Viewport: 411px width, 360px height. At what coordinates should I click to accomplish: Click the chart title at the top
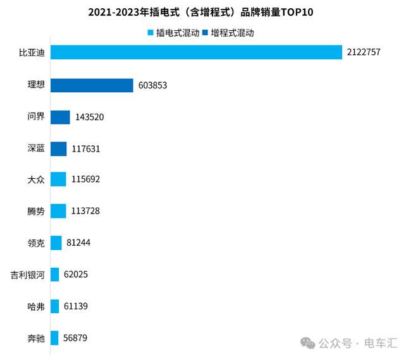(x=205, y=13)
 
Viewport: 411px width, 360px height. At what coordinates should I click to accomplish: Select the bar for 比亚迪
(x=196, y=53)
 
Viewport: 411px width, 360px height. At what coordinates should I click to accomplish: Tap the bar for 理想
(x=92, y=85)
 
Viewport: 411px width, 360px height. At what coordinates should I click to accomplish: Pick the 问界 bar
(x=60, y=117)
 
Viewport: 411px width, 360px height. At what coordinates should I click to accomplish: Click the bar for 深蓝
(x=58, y=148)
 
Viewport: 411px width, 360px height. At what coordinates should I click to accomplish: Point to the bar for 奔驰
(x=54, y=338)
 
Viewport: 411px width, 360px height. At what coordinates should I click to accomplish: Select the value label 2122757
(x=364, y=53)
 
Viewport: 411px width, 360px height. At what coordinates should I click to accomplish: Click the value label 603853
(x=152, y=85)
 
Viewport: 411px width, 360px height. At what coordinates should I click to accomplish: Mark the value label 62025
(x=77, y=275)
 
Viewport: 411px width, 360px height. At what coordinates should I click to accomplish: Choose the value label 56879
(x=75, y=338)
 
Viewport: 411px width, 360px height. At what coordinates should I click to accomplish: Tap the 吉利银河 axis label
(x=28, y=275)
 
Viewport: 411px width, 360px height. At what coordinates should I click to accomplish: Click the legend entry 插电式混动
(x=173, y=33)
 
